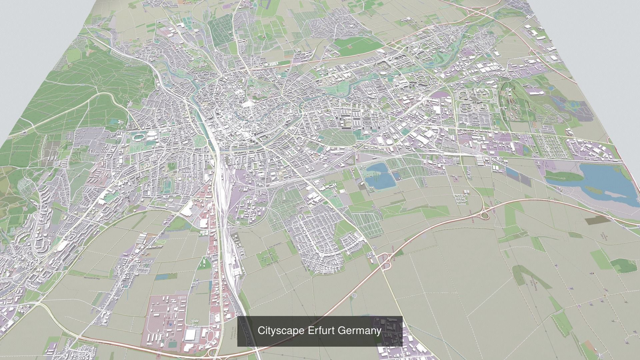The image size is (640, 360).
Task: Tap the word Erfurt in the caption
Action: (321, 331)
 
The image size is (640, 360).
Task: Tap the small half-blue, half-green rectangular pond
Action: (396, 175)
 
